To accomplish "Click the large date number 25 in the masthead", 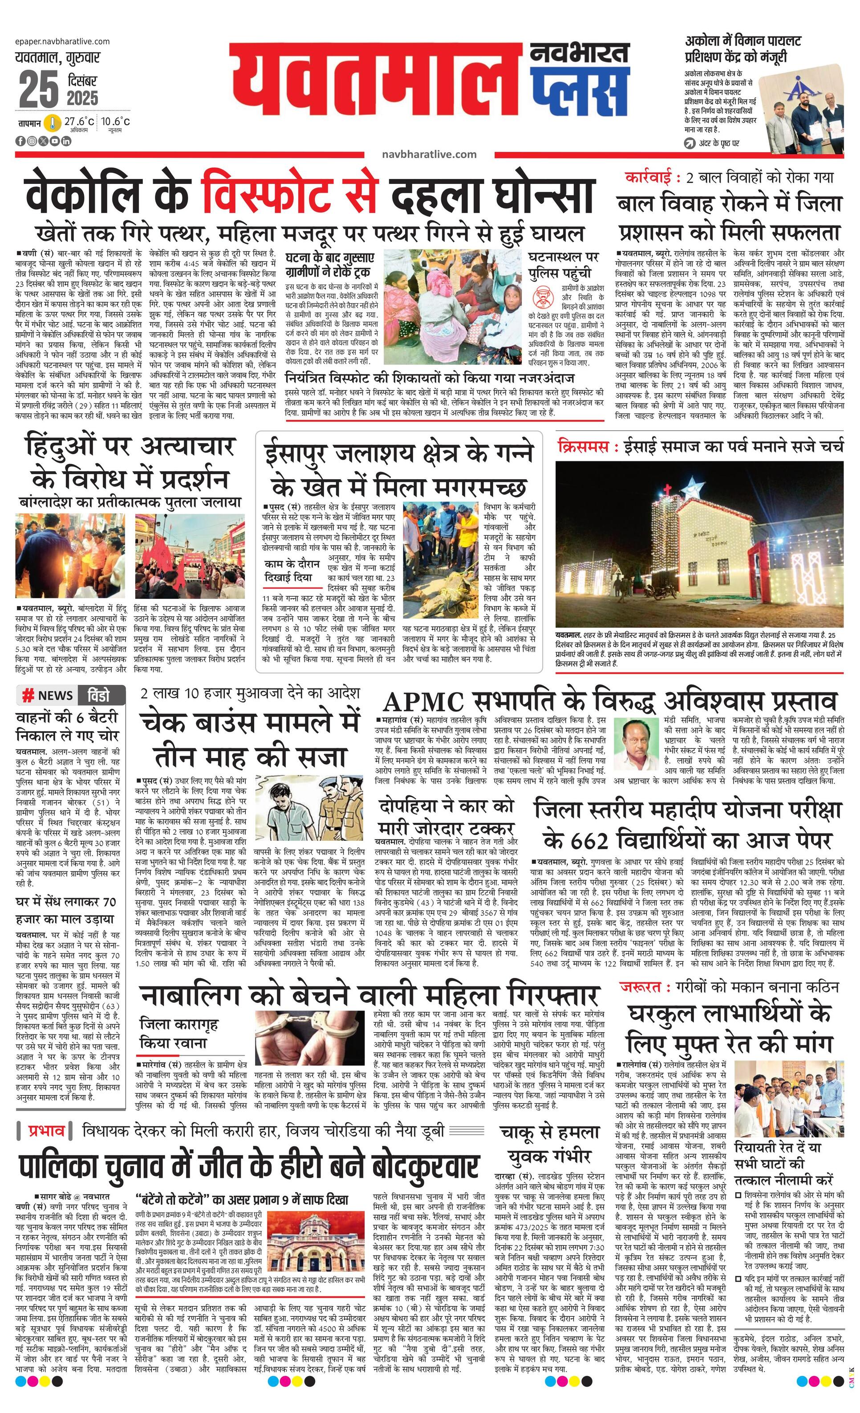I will click(38, 90).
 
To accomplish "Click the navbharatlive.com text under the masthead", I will click(429, 154).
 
